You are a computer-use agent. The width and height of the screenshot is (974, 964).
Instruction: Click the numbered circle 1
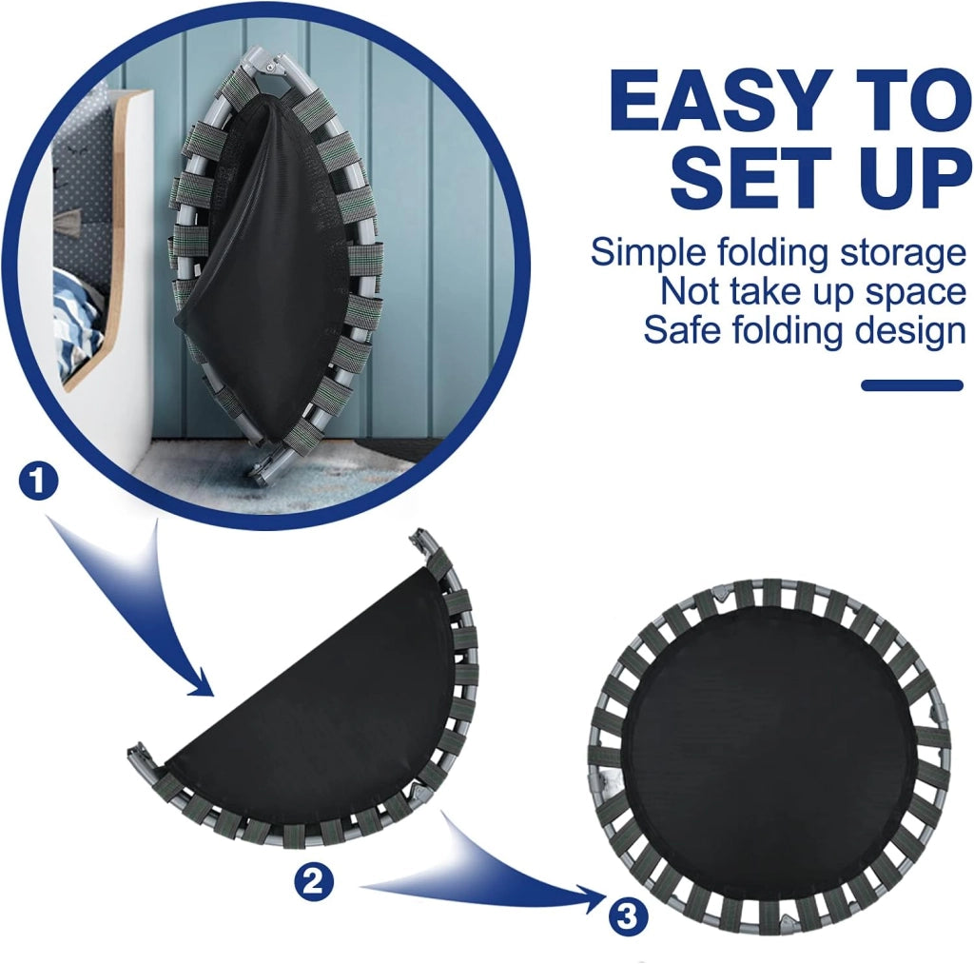[x=38, y=482]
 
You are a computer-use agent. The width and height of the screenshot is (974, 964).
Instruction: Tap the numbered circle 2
[x=314, y=881]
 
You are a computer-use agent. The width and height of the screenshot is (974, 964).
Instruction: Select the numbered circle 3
[x=628, y=915]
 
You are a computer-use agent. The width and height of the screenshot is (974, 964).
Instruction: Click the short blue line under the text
[x=912, y=385]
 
